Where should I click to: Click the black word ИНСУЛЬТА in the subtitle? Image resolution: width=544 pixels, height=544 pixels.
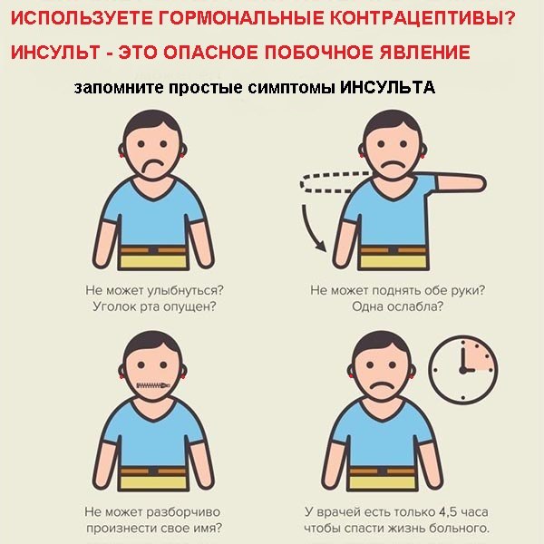coord(387,87)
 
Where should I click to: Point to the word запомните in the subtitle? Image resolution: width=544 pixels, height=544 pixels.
coord(119,88)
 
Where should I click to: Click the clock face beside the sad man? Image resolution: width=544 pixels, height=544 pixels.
coord(463,370)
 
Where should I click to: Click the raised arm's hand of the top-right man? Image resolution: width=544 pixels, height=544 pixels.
coord(477,183)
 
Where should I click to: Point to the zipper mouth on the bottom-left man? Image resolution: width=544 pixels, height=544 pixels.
coord(153,385)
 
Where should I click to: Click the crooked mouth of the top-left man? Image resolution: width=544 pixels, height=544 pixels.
coord(152,165)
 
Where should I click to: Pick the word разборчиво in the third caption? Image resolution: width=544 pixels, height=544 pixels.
coord(183,512)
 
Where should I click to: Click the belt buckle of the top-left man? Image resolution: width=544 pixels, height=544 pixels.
coord(153,250)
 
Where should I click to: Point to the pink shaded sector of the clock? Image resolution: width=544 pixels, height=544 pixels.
coord(479,355)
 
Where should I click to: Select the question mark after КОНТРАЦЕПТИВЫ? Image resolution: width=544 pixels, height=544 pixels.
coord(509,18)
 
